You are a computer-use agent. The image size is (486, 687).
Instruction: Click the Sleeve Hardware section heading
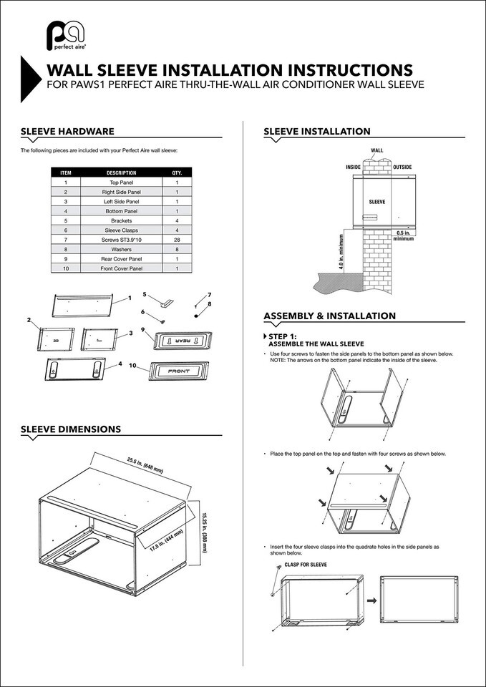click(67, 132)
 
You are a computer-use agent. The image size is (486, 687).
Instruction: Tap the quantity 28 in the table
click(177, 240)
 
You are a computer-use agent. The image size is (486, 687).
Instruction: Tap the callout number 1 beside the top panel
click(130, 298)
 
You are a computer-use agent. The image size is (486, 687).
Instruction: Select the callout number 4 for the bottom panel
click(120, 364)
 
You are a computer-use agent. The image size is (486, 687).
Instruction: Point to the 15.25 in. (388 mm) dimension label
click(204, 532)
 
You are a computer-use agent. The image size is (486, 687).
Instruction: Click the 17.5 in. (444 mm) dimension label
click(167, 544)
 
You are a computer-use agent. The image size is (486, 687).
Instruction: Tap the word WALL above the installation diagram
click(377, 150)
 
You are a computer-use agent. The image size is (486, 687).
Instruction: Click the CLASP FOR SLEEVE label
click(306, 565)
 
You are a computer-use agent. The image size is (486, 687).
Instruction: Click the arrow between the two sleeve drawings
click(371, 600)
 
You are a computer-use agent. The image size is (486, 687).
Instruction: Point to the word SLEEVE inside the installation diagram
click(377, 202)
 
